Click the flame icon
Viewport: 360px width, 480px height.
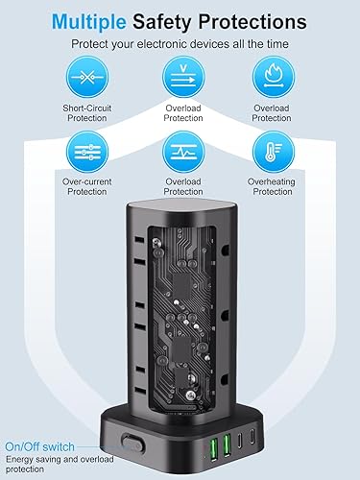click(x=270, y=75)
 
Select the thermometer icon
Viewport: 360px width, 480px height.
click(x=270, y=150)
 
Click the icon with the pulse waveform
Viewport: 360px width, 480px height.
click(x=180, y=150)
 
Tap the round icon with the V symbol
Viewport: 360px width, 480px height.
click(x=180, y=75)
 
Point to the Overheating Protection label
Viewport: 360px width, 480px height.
click(x=270, y=186)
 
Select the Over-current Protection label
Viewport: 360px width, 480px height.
click(x=85, y=186)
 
